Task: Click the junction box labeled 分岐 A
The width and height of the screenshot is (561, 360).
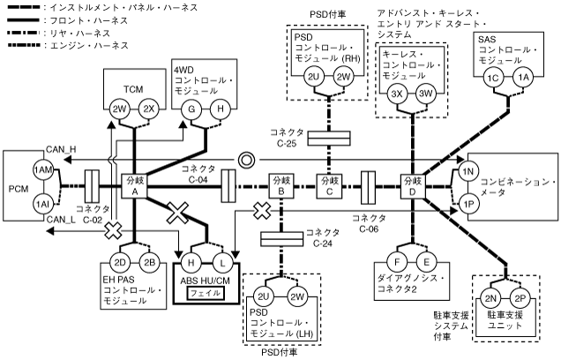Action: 135,187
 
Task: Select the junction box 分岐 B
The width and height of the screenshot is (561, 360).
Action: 280,187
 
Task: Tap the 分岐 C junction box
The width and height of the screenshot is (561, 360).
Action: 331,187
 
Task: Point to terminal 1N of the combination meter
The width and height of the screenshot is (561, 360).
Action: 467,169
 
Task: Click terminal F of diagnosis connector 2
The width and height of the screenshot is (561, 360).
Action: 400,262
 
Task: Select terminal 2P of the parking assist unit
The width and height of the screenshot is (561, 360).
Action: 519,300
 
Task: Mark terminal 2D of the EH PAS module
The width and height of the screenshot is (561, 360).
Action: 119,262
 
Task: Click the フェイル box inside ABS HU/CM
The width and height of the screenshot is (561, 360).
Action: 205,291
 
